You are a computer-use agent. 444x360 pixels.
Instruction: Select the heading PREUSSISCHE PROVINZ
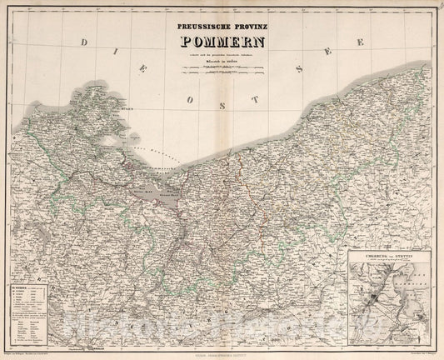[x=222, y=26]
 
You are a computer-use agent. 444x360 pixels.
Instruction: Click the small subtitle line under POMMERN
[x=222, y=60]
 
